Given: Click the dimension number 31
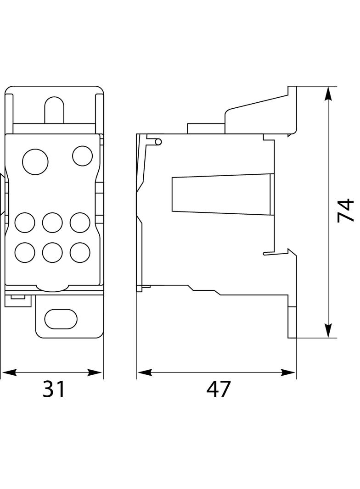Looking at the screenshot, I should coord(55,389).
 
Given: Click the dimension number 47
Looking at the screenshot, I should coord(218,389).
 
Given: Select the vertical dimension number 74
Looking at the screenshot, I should coord(345,211).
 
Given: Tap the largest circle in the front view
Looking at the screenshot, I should coord(35,162).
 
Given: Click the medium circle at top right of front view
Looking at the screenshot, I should coord(83,156).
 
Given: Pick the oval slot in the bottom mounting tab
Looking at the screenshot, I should coord(61,319).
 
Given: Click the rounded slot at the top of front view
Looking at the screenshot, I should coord(54,110).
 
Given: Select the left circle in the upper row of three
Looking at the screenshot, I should coord(25,223).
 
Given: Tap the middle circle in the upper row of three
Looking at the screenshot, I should coord(52,223).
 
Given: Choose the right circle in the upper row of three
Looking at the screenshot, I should coord(80,222).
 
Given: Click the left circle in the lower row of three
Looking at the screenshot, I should coord(25,251).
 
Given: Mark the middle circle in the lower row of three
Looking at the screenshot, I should coord(52,251).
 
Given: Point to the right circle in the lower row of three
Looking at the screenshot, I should coord(80,251).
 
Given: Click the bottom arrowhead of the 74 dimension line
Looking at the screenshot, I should coord(328,331).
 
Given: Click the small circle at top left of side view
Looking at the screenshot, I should coord(158,142).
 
